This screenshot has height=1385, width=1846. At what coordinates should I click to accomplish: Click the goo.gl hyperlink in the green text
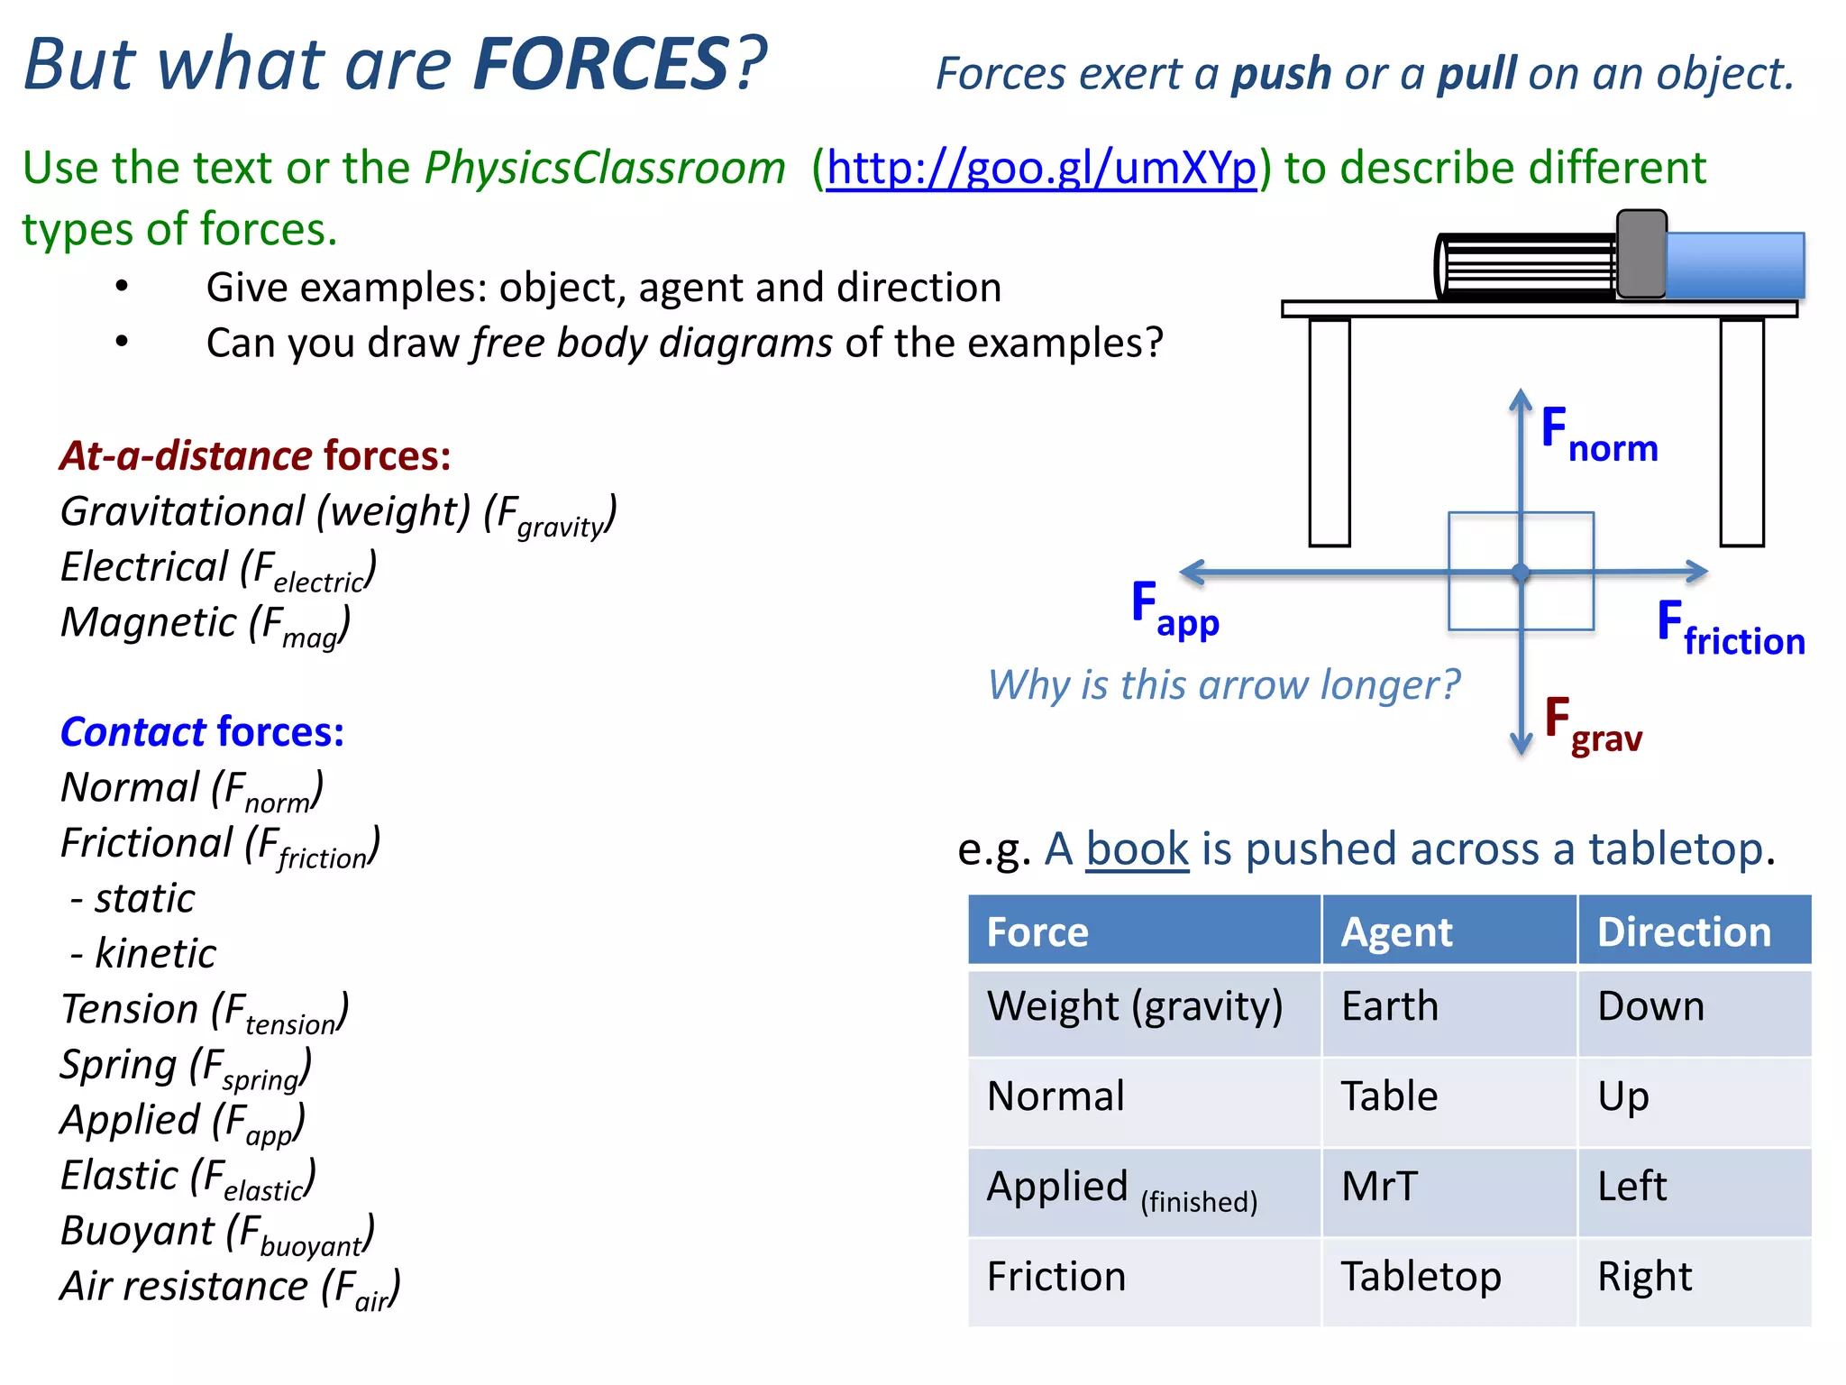pyautogui.click(x=1041, y=169)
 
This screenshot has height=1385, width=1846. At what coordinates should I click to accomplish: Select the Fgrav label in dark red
pyautogui.click(x=1593, y=727)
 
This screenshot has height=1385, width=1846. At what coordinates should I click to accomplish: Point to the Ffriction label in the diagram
pyautogui.click(x=1731, y=630)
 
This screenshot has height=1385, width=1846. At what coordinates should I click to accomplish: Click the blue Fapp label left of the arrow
pyautogui.click(x=1174, y=610)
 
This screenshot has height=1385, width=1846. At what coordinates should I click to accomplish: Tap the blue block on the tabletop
pyautogui.click(x=1734, y=265)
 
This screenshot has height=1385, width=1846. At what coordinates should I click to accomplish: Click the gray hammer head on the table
pyautogui.click(x=1640, y=254)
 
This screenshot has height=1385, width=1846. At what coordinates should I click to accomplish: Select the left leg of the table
pyautogui.click(x=1329, y=433)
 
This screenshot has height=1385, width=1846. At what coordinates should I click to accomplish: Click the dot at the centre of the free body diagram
pyautogui.click(x=1521, y=573)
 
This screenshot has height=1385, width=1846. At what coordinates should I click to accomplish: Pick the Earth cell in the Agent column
pyautogui.click(x=1390, y=1006)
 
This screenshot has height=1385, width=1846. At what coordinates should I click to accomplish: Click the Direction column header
pyautogui.click(x=1684, y=932)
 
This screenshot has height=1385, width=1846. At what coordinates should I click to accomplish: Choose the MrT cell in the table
pyautogui.click(x=1379, y=1187)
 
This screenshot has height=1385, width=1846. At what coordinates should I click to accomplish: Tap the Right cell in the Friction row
pyautogui.click(x=1644, y=1277)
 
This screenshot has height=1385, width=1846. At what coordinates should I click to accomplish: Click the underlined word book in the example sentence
pyautogui.click(x=1138, y=849)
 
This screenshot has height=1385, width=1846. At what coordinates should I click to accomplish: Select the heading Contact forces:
pyautogui.click(x=202, y=732)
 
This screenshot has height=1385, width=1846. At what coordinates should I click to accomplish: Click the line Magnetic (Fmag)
pyautogui.click(x=206, y=624)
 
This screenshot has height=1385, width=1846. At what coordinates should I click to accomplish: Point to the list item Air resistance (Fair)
pyautogui.click(x=230, y=1287)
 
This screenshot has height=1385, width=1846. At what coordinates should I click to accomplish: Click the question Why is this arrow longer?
pyautogui.click(x=1223, y=685)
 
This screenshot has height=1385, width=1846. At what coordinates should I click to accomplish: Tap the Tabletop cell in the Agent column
pyautogui.click(x=1421, y=1277)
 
